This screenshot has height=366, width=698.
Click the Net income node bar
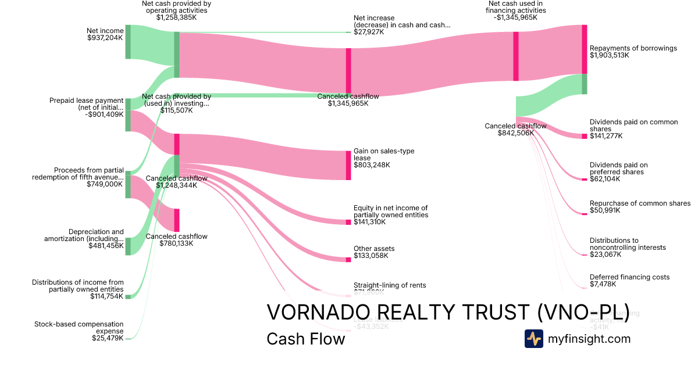pos(128,42)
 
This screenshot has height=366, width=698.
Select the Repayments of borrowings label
pos(633,48)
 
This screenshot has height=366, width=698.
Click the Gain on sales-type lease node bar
pos(348,165)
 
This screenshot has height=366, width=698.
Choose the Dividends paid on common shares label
pos(633,125)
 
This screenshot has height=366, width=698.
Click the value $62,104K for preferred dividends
pos(605,179)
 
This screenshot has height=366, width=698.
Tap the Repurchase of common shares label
pos(640,203)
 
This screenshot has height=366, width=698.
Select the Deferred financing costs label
pos(629,277)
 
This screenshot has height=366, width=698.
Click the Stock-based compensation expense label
pos(79,328)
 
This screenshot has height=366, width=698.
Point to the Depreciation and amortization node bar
pos(128,246)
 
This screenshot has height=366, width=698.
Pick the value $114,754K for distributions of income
pos(106,296)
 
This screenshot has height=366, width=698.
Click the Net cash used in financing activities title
pos(516,7)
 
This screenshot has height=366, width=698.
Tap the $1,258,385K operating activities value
pos(176,17)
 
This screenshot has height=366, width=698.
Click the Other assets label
pos(374,249)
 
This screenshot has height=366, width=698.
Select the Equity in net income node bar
pos(348,222)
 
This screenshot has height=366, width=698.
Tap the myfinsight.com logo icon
pos(533,339)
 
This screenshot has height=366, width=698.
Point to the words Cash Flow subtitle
pos(305,339)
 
